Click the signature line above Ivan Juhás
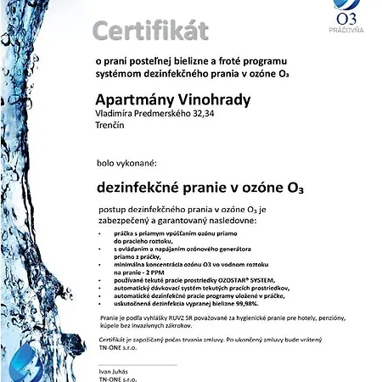click(136, 364)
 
